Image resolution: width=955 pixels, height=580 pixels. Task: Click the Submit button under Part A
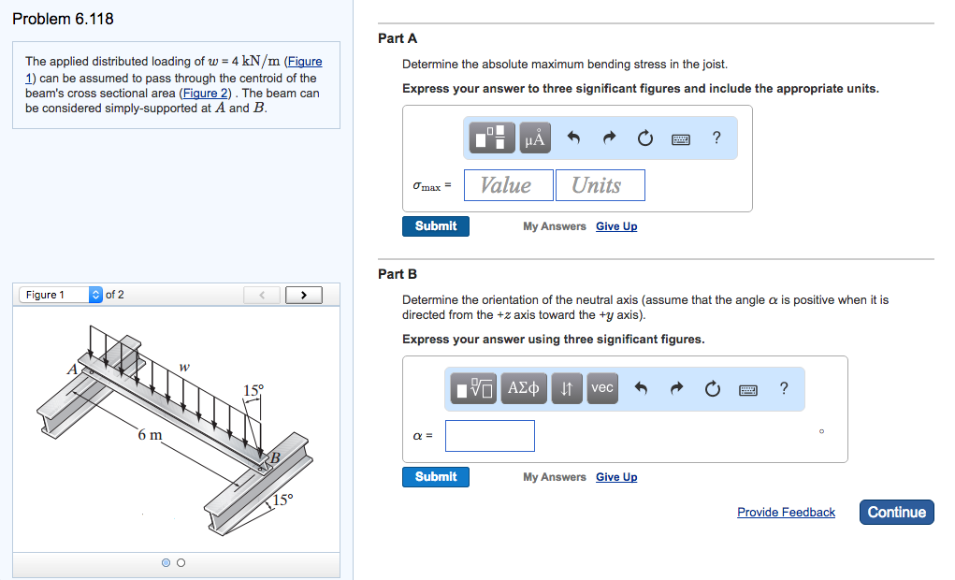[x=436, y=226]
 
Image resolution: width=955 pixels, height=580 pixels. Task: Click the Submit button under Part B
[x=436, y=477]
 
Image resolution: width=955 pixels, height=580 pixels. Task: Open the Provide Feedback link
[x=786, y=513]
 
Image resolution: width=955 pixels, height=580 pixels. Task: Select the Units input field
[x=600, y=185]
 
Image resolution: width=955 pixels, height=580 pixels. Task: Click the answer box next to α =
[x=489, y=436]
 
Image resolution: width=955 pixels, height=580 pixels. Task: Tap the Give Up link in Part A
[x=616, y=226]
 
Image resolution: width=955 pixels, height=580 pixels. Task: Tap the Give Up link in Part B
[x=616, y=477]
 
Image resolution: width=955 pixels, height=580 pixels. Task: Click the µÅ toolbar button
[x=535, y=138]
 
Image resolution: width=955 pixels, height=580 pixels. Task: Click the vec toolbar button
[x=602, y=388]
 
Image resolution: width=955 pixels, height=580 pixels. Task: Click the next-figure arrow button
[x=302, y=296]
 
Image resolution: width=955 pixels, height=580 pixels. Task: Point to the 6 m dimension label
[x=150, y=435]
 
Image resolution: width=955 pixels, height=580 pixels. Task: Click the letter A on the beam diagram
[x=72, y=370]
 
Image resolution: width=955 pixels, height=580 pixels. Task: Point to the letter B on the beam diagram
[x=275, y=457]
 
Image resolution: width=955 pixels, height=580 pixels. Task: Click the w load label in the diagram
[x=184, y=367]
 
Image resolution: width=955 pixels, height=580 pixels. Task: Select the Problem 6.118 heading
[x=64, y=19]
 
